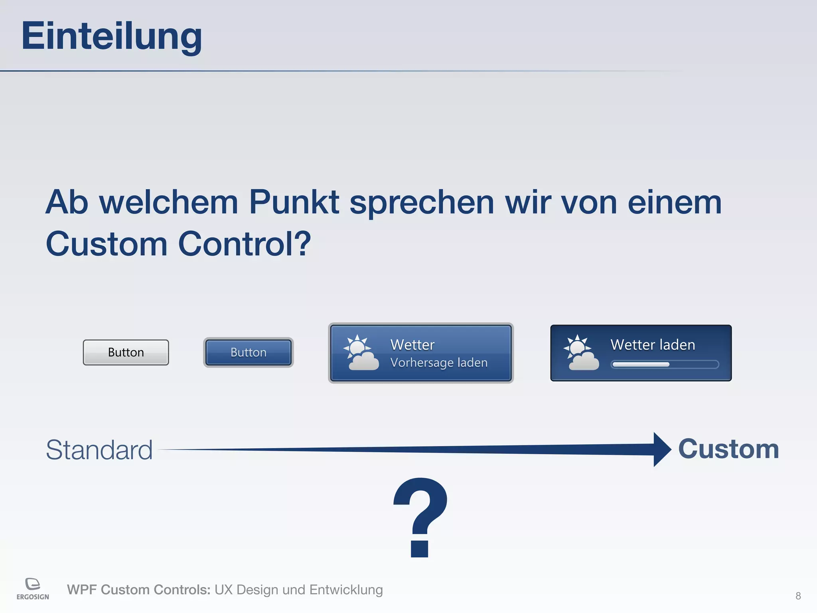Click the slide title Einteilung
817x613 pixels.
112,37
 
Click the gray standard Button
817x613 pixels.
126,352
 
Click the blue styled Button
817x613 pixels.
248,352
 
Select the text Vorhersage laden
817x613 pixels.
439,363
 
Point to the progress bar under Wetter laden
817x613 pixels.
665,364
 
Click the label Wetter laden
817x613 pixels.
653,345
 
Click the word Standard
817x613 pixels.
99,450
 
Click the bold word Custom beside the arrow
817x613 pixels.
728,449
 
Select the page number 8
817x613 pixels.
798,596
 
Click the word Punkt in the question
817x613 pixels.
294,202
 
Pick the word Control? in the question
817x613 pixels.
244,244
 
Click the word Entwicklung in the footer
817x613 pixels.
346,590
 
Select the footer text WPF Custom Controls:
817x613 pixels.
138,590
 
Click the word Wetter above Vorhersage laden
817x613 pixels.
412,345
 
